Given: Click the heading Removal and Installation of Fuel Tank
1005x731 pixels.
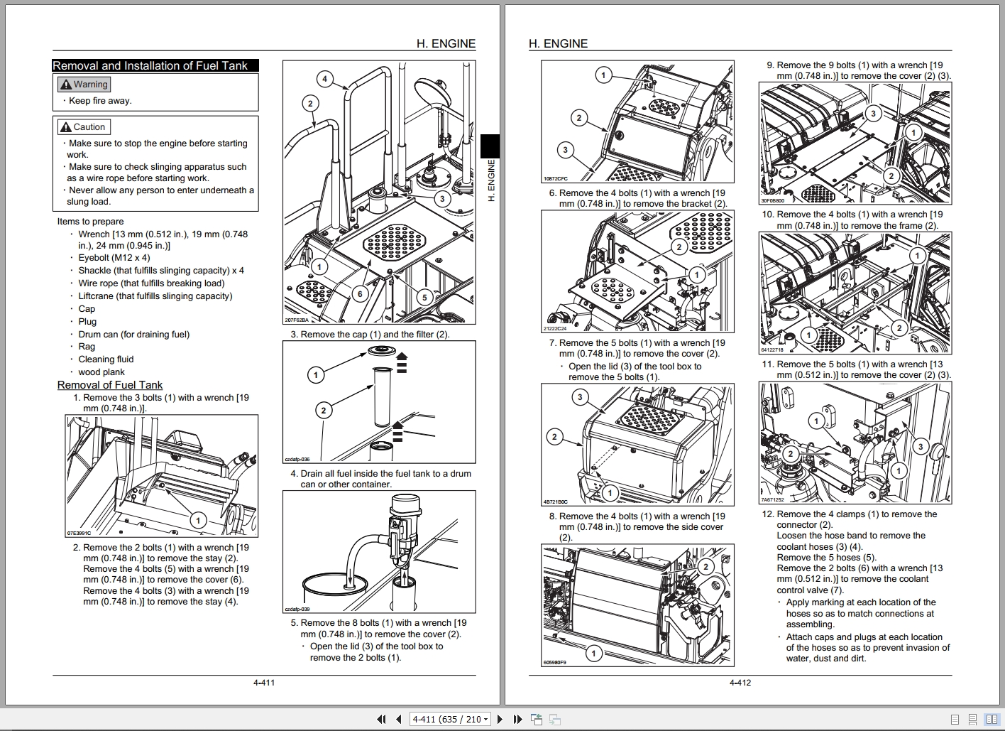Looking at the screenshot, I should [x=150, y=65].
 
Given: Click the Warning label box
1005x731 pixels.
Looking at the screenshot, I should [x=84, y=85].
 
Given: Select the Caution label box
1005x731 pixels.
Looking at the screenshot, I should [x=83, y=127].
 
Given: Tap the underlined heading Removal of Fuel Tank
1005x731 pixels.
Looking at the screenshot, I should [x=110, y=385].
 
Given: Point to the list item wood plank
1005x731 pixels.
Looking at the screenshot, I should [x=101, y=372].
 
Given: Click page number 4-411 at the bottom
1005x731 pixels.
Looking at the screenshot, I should [x=263, y=683].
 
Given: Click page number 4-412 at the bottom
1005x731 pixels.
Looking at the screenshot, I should [x=740, y=683].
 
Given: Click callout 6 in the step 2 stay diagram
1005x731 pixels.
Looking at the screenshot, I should [x=360, y=293].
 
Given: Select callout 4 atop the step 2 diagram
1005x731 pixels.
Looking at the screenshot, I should [x=324, y=79].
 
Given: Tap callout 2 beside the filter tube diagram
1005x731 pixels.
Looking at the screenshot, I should [x=324, y=410].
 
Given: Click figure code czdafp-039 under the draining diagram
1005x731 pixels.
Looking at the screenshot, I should [x=297, y=609].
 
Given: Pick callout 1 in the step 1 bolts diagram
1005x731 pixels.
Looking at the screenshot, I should [x=198, y=521].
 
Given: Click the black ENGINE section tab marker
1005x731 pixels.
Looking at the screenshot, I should [x=490, y=146].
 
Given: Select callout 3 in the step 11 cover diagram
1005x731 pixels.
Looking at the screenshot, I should [x=920, y=446].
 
